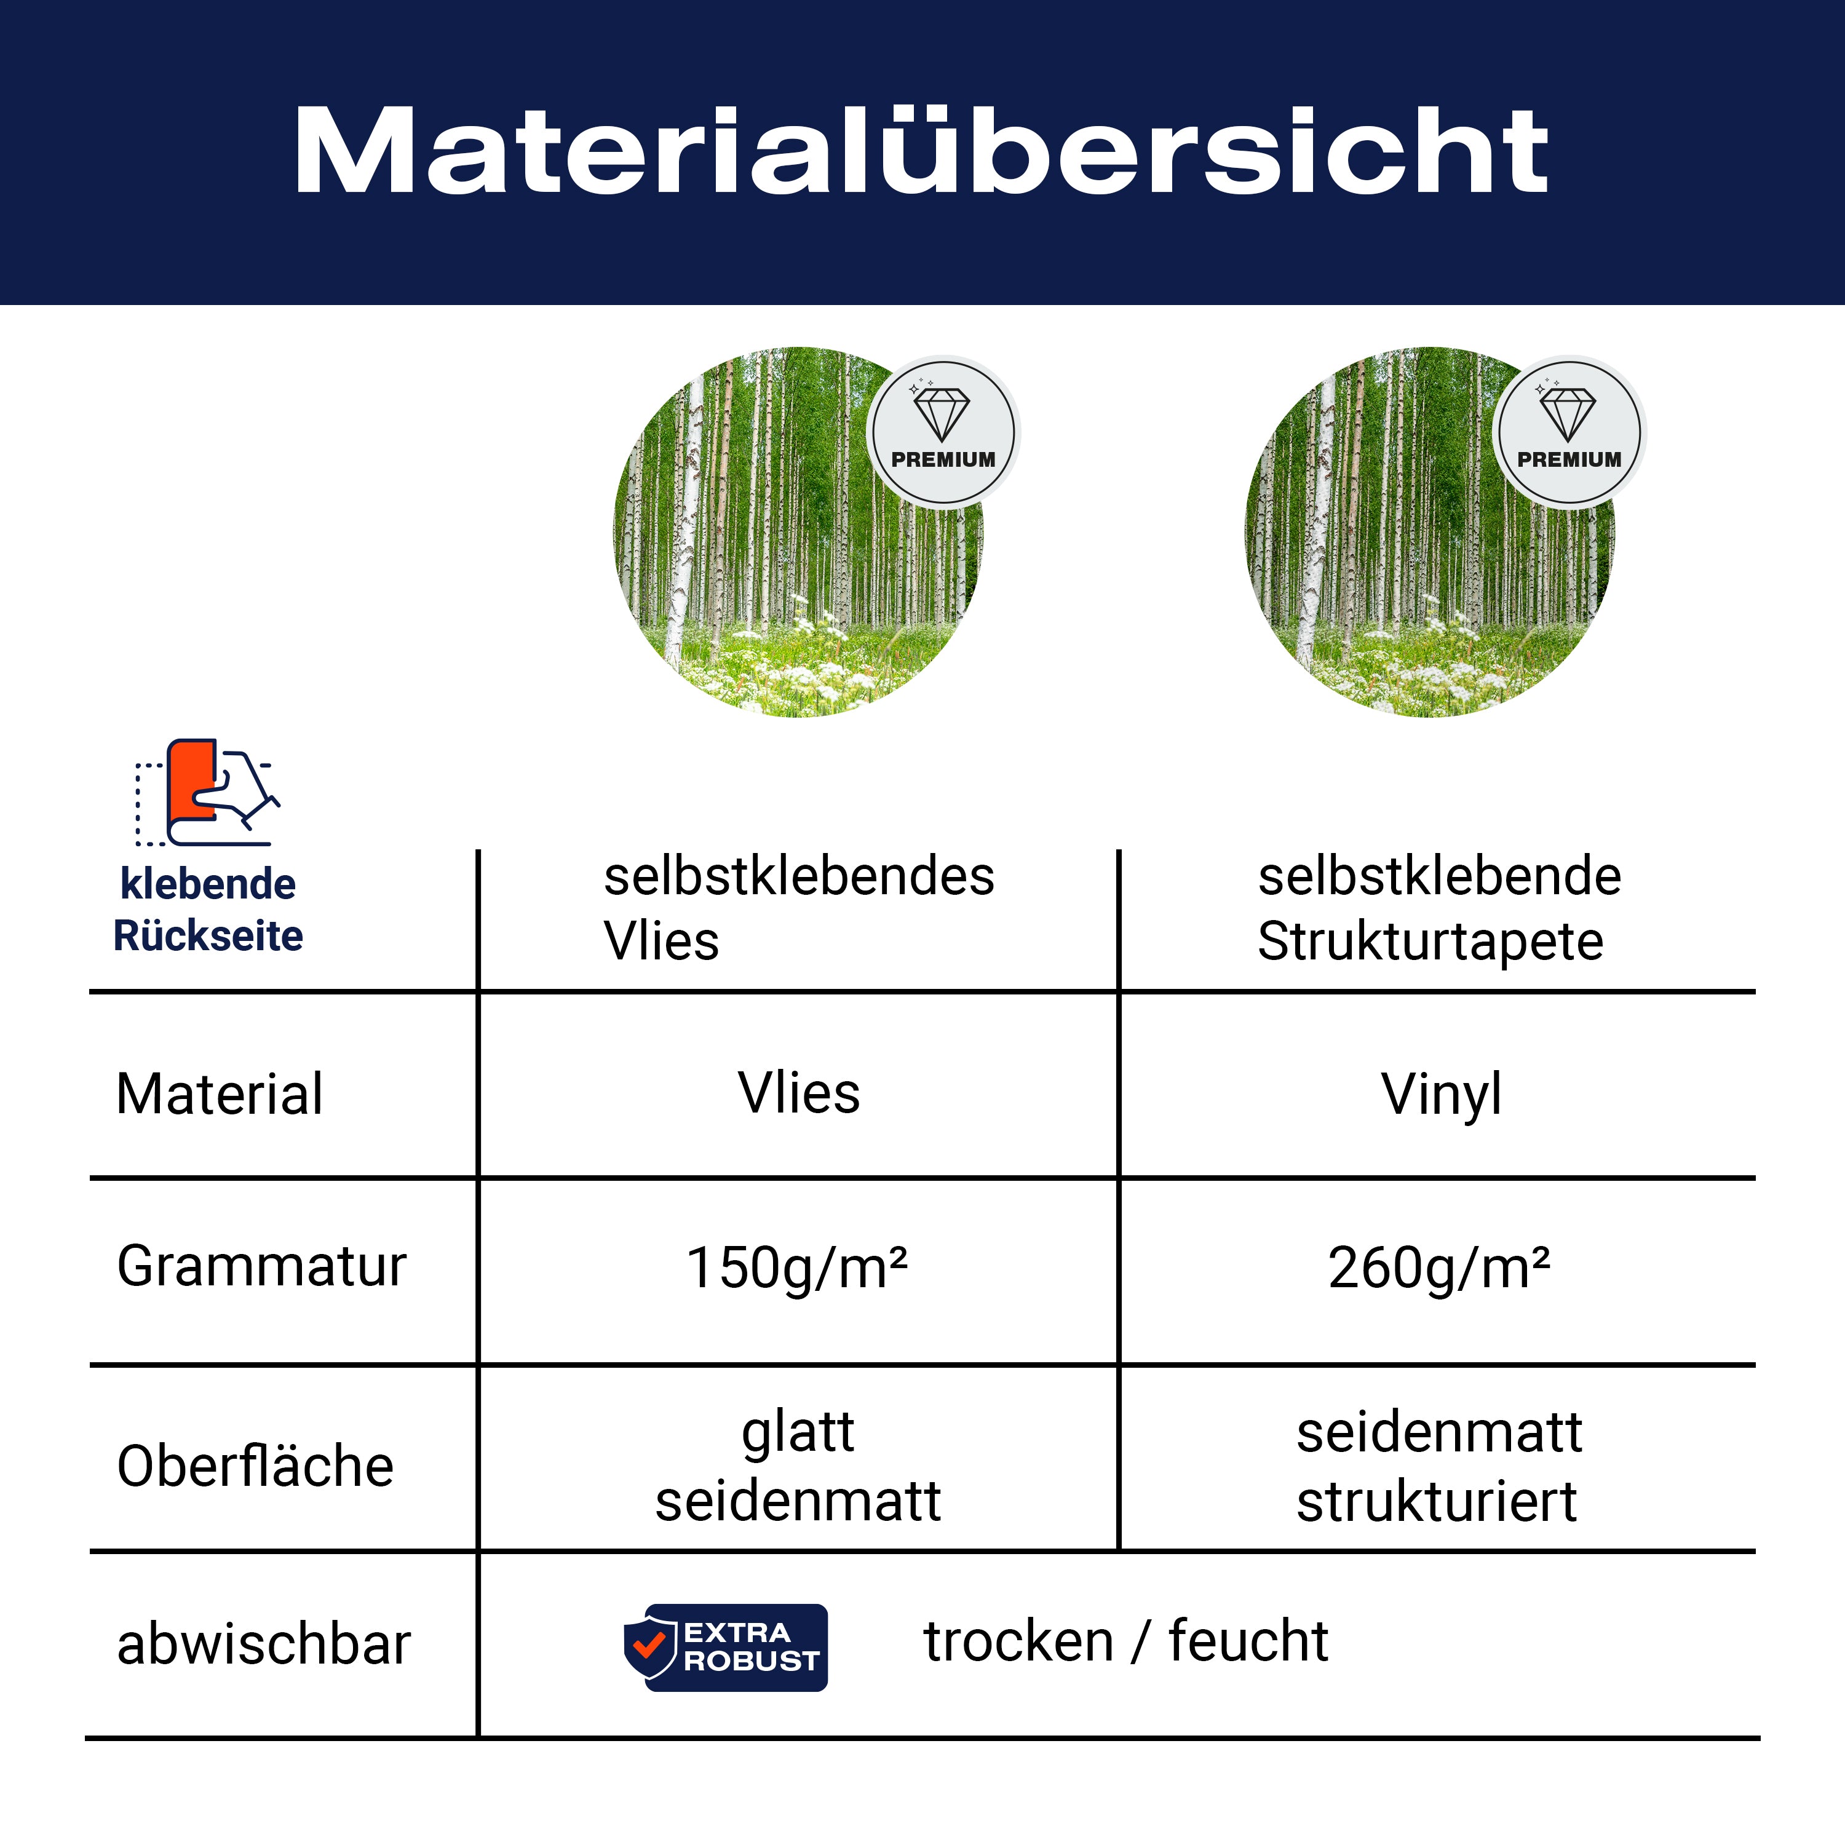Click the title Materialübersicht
pos(921,151)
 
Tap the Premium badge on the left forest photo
pos(943,432)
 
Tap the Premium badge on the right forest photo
pos(1569,432)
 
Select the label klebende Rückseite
pos(208,909)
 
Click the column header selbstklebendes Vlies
pos(798,908)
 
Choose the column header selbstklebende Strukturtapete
pos(1439,908)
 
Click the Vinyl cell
pos(1441,1095)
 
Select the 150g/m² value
pos(798,1268)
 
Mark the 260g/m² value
pos(1439,1268)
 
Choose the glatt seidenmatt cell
pos(798,1466)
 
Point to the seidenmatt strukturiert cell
pos(1439,1466)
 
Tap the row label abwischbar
pos(264,1645)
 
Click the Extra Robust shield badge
pos(726,1648)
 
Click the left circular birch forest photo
pos(798,532)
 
